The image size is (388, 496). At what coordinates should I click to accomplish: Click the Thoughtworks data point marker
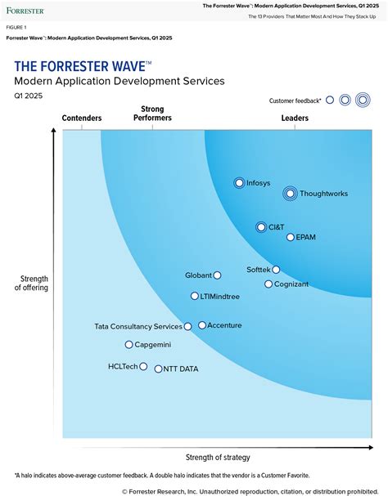(x=290, y=194)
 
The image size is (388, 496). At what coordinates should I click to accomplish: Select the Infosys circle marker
(x=239, y=183)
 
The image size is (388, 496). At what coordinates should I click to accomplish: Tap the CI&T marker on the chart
(x=261, y=227)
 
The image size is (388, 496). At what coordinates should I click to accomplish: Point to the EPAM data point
(x=291, y=237)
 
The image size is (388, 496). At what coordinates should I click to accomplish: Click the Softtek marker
(x=276, y=270)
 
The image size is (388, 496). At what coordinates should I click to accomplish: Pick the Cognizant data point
(x=268, y=284)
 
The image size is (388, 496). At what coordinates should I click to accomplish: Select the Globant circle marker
(x=217, y=275)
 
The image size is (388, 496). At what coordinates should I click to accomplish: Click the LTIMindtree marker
(x=195, y=297)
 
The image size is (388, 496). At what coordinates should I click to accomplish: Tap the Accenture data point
(x=202, y=325)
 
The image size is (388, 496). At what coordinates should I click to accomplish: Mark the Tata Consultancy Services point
(x=187, y=327)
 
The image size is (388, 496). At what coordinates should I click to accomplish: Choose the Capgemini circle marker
(x=129, y=345)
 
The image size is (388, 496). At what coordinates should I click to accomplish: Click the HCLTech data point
(x=143, y=367)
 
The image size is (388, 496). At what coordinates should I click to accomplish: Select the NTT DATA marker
(x=158, y=369)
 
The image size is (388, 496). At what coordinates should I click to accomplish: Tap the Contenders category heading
(x=82, y=118)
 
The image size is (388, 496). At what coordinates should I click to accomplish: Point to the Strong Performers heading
(x=152, y=114)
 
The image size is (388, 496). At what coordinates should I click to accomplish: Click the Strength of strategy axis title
(x=218, y=457)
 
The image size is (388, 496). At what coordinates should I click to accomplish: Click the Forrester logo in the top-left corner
(x=25, y=11)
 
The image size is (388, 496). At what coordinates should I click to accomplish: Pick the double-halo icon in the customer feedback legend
(x=363, y=101)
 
